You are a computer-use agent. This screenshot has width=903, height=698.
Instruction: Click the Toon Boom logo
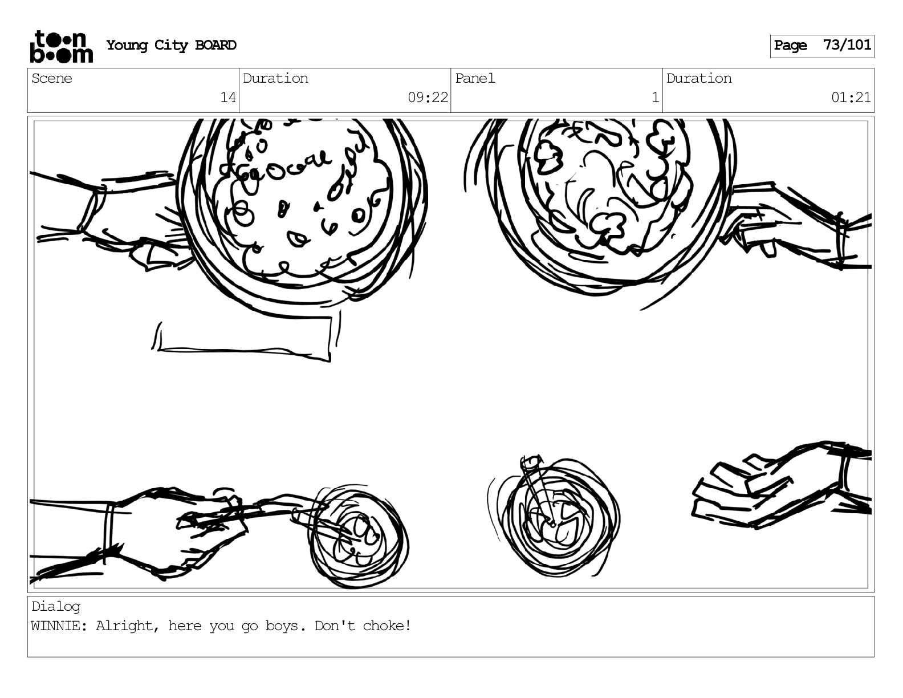61,47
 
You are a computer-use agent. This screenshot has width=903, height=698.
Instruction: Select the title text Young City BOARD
171,46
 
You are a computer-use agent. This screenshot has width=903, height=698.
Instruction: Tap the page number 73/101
847,46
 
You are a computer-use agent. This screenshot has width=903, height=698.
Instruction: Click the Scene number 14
228,98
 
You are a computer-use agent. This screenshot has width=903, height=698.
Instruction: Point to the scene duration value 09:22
428,98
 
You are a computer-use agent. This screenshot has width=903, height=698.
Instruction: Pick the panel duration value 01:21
851,98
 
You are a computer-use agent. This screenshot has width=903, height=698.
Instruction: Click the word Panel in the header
475,79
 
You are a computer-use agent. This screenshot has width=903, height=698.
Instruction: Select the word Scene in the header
52,79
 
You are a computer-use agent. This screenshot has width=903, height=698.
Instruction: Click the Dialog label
56,607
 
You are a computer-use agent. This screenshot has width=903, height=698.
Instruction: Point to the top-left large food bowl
302,205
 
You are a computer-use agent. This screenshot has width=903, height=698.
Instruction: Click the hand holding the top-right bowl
781,225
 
